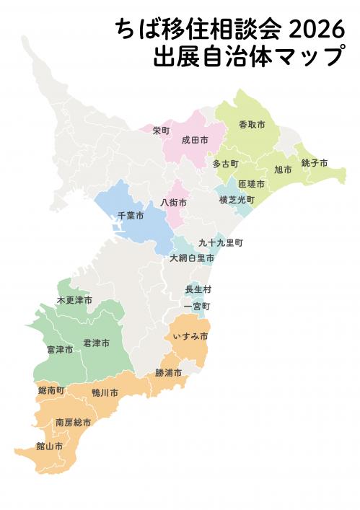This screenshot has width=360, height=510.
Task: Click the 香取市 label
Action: click(252, 126)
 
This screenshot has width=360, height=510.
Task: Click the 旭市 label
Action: click(283, 170)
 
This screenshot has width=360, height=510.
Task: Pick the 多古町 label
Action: click(225, 164)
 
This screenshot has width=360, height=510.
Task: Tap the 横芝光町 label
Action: click(237, 199)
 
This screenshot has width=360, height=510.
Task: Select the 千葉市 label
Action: click(130, 216)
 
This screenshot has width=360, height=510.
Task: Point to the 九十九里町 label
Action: click(221, 243)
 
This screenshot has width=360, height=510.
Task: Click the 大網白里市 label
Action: click(192, 258)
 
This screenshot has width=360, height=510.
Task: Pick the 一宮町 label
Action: click(196, 307)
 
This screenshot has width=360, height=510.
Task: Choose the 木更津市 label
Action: click(74, 299)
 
